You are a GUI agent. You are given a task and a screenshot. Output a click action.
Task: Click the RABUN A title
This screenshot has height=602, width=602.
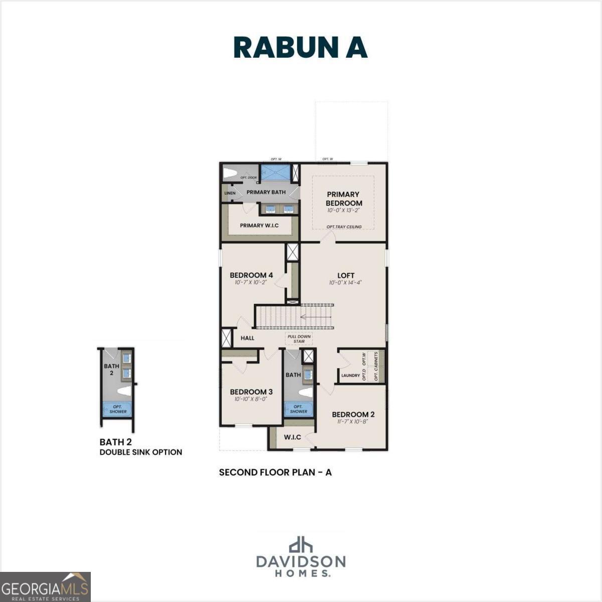coord(300,48)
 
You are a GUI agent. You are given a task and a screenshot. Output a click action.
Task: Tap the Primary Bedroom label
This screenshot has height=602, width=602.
coord(344,199)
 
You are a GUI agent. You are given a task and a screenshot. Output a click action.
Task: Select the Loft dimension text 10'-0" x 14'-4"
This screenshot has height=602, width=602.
coord(345,283)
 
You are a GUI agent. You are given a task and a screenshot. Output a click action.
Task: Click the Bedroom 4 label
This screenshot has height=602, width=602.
coord(251,275)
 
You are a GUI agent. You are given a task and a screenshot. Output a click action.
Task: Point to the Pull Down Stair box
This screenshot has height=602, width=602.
coord(299,339)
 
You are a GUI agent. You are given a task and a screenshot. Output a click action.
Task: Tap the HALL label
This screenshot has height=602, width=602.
coord(247,338)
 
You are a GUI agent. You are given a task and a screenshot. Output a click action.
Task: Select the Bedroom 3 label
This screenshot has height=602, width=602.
coord(251,392)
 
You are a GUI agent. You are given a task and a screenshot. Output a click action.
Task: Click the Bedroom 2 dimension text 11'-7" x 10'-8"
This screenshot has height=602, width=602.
coord(353,422)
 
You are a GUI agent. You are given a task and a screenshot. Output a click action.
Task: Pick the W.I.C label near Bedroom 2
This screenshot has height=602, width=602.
coord(292,437)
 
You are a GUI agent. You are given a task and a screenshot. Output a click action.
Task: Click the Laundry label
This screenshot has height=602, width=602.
coord(351,375)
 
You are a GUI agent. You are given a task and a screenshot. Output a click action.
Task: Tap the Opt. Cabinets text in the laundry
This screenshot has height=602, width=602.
coord(376,366)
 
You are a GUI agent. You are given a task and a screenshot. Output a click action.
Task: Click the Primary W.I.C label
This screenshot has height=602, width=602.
coord(259,225)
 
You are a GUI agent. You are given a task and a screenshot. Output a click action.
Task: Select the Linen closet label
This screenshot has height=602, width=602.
coord(230,193)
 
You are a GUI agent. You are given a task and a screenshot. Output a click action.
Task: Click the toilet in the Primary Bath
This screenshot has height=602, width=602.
coord(230,174)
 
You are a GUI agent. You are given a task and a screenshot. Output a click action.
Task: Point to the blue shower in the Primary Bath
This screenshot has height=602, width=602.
coord(275,172)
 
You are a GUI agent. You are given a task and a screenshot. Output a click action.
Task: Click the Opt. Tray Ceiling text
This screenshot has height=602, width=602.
coord(344,227)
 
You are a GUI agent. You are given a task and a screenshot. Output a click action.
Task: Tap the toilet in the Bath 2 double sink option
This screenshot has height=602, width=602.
coord(123,390)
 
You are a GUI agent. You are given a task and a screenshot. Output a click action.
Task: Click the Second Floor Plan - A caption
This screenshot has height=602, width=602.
coord(275,472)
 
